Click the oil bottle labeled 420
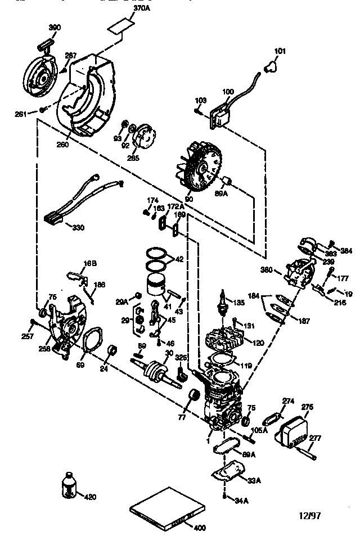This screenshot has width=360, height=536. click(x=69, y=486)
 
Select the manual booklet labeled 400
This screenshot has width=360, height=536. click(x=161, y=508)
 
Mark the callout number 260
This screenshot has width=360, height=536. click(x=62, y=145)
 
